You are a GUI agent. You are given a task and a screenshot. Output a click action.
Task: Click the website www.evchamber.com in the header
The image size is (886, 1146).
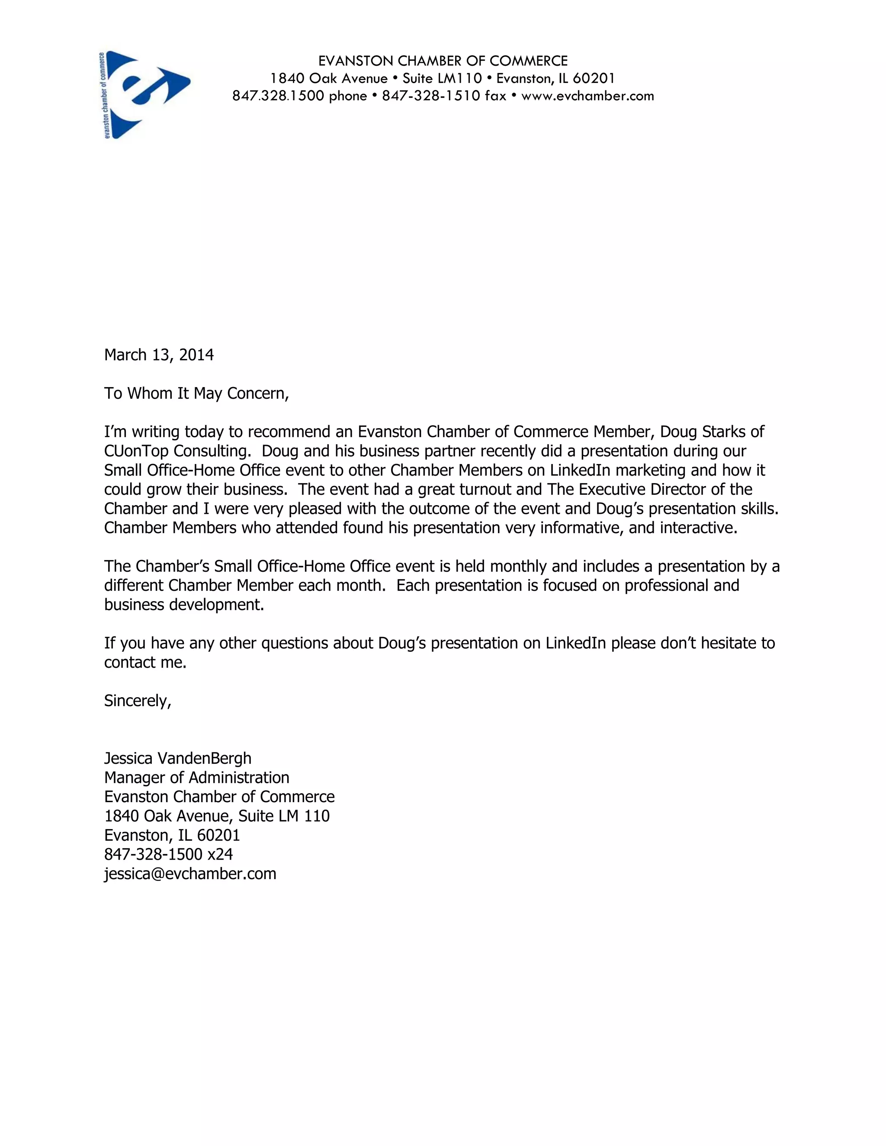(x=587, y=96)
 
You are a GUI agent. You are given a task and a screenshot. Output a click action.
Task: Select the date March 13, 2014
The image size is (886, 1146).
(x=158, y=355)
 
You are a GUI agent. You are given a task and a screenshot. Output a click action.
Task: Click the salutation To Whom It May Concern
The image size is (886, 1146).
(x=196, y=394)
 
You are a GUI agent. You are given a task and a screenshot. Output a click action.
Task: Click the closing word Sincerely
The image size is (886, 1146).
(x=137, y=701)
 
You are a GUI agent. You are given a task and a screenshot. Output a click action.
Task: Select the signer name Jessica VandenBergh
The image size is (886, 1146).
(x=177, y=759)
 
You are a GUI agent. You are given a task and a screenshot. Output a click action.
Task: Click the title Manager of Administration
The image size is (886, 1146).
(x=196, y=778)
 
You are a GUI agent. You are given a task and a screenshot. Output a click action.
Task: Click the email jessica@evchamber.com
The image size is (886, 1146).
(x=190, y=874)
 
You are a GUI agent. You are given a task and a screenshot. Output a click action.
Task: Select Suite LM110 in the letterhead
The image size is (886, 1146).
(x=442, y=79)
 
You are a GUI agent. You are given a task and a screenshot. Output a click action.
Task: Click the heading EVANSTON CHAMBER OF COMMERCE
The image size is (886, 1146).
(x=443, y=61)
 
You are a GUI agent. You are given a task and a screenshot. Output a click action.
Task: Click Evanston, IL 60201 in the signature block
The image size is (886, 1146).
(x=172, y=835)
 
